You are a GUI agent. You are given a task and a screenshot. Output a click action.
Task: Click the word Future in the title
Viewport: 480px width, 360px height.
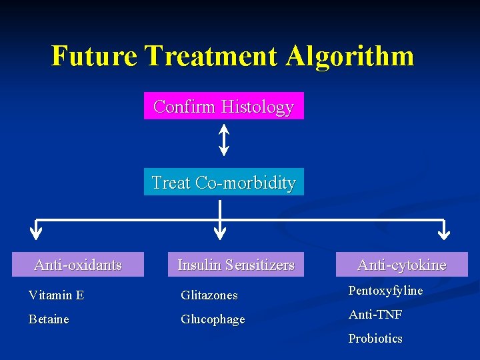coord(94,56)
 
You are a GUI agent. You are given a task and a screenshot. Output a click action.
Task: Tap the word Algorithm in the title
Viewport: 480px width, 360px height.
coord(349,56)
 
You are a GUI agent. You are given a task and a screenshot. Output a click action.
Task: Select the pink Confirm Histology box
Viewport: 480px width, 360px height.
coord(223,106)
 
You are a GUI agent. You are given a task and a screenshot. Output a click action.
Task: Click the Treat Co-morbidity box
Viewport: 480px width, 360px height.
coord(223,182)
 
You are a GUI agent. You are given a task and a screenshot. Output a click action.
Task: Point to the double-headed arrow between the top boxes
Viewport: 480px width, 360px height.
coord(223,141)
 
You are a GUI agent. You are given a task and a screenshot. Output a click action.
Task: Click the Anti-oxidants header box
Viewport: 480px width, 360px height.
coord(78,265)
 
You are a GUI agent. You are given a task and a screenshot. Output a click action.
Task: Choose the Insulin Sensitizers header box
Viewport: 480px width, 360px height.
coord(235,265)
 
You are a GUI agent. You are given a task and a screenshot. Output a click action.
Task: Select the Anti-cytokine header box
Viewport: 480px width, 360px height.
coord(401,265)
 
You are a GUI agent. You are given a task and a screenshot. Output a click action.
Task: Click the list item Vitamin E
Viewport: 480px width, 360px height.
coord(56,295)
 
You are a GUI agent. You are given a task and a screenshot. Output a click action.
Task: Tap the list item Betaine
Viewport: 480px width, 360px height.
coord(49,319)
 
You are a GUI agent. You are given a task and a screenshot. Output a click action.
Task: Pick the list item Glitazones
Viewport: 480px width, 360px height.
coord(209,295)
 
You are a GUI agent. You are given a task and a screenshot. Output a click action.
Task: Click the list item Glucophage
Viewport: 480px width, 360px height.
coord(213,319)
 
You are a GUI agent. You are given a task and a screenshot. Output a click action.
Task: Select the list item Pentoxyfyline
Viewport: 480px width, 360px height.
coord(385,291)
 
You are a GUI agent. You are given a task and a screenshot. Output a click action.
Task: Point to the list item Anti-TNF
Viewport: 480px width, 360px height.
coord(375,315)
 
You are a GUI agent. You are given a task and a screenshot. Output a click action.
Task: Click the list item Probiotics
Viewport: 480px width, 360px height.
coord(375,339)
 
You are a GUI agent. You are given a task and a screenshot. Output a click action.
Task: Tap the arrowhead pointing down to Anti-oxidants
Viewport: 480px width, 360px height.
coord(36,233)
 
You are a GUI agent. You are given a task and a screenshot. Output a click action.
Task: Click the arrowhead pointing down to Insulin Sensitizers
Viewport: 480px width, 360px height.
coord(219,233)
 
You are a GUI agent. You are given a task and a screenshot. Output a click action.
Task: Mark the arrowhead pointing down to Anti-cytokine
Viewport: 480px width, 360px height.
coord(443,233)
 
